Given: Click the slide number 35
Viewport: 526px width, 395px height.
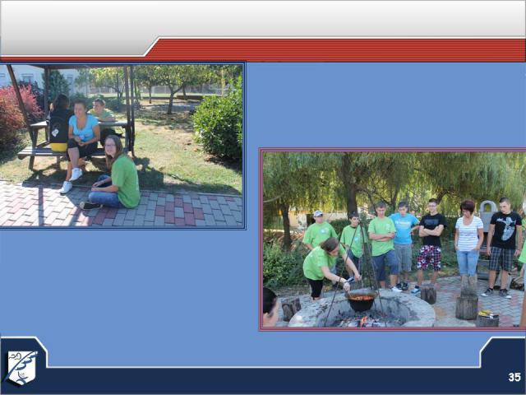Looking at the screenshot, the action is [x=514, y=377].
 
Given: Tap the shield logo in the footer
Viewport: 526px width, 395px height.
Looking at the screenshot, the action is [x=21, y=368].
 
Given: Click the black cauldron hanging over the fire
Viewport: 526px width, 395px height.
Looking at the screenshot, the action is [x=362, y=300].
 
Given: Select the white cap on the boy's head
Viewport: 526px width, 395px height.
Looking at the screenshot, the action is [x=317, y=213].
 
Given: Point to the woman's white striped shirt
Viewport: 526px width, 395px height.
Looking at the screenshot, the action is [x=469, y=234].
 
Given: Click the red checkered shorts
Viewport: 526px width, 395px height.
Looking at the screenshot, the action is [x=429, y=258].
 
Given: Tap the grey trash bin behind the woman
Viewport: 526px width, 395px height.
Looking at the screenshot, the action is [x=487, y=211].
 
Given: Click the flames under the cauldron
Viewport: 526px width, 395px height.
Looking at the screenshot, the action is [x=363, y=323].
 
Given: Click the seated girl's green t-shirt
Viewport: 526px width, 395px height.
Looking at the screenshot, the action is [x=125, y=180].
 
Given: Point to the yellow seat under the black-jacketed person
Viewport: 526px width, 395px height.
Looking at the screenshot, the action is [x=58, y=147].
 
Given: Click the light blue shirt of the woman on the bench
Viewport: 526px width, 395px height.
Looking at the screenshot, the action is [x=84, y=128].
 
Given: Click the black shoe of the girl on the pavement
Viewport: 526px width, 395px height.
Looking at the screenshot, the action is [x=90, y=205].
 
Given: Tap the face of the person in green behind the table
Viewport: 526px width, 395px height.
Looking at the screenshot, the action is [x=99, y=106].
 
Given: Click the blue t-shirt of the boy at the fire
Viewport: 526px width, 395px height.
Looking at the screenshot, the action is [x=404, y=229].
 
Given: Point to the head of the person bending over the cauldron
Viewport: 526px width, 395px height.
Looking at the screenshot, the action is [x=330, y=245].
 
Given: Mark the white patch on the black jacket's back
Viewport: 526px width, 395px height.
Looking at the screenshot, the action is [x=55, y=132].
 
